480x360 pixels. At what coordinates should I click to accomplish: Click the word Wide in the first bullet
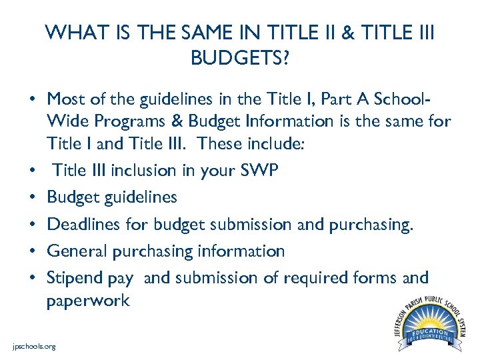click(65, 121)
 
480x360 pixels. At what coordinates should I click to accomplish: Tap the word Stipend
click(75, 277)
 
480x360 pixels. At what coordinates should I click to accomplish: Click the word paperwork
click(88, 300)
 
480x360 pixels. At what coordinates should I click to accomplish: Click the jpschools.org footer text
click(34, 346)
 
